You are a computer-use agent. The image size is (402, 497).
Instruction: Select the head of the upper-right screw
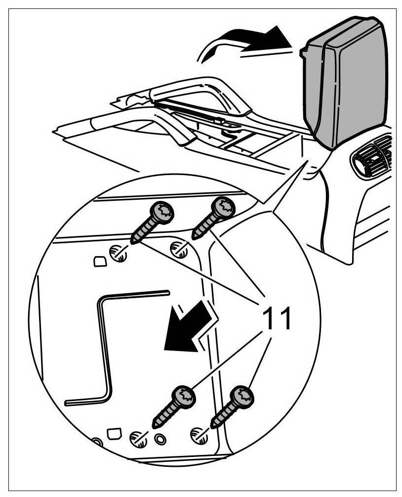click(x=224, y=207)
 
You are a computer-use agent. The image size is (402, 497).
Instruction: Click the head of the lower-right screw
click(x=243, y=396)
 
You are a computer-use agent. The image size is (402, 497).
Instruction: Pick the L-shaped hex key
click(x=106, y=346)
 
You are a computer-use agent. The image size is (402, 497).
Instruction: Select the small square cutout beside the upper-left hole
click(x=99, y=261)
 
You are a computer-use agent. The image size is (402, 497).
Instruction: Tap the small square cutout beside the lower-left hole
click(x=115, y=434)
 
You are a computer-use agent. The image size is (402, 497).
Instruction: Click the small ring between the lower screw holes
click(x=160, y=438)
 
